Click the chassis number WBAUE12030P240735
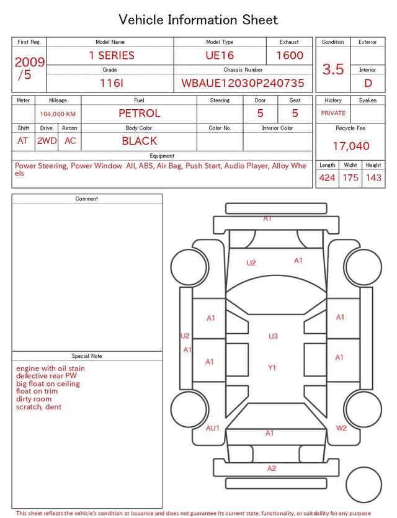[243, 83]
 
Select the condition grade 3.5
[333, 69]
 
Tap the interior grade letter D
[368, 83]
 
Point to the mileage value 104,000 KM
[58, 114]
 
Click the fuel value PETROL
[140, 114]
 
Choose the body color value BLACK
[140, 141]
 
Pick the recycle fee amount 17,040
[350, 146]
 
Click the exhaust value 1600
[290, 55]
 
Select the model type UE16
[220, 55]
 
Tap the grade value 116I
[112, 83]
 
